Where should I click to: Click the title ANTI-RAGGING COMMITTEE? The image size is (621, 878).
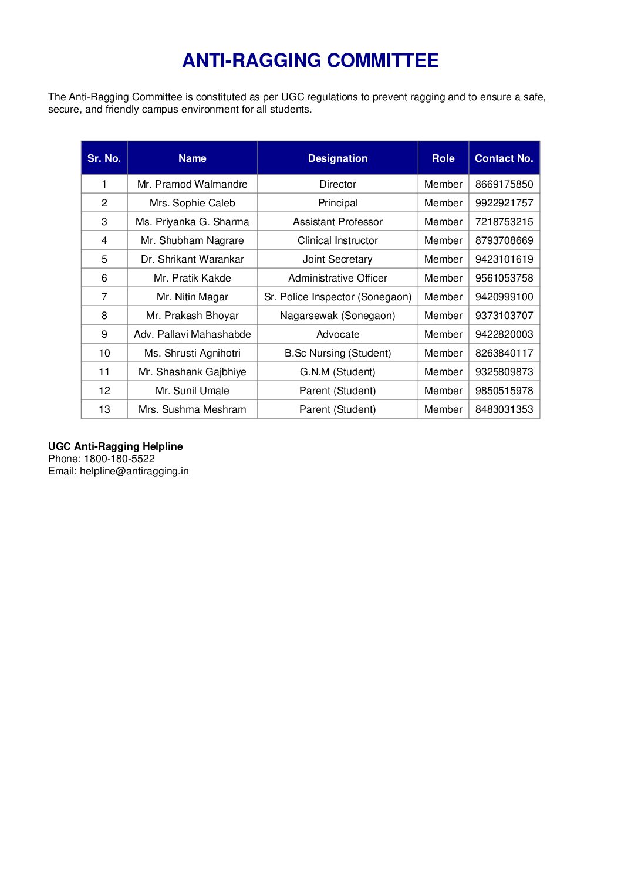(310, 60)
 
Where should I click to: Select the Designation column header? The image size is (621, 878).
(338, 158)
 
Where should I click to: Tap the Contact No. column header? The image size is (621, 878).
(504, 158)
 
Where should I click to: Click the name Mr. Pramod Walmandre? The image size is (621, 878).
(192, 184)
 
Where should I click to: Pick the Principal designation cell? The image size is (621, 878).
(338, 203)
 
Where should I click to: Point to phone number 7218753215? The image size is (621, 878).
(504, 222)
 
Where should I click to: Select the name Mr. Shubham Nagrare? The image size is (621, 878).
(192, 240)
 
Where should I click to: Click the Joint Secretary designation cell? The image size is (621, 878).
(338, 259)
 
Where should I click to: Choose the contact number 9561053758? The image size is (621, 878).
(504, 278)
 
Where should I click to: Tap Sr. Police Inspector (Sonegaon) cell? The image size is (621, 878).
(338, 297)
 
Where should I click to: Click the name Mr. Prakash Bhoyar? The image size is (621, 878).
(192, 316)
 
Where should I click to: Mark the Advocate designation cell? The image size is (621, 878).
(338, 334)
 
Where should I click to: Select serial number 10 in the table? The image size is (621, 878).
(104, 353)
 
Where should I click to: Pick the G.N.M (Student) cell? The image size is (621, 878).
(338, 372)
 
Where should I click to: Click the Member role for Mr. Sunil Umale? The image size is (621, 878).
(443, 391)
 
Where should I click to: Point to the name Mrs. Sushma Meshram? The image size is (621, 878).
(192, 409)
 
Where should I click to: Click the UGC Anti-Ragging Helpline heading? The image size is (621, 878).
(115, 446)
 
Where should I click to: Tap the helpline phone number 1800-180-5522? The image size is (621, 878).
(119, 459)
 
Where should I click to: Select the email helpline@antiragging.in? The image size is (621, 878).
(134, 471)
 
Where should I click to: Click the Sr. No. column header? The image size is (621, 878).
(104, 158)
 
